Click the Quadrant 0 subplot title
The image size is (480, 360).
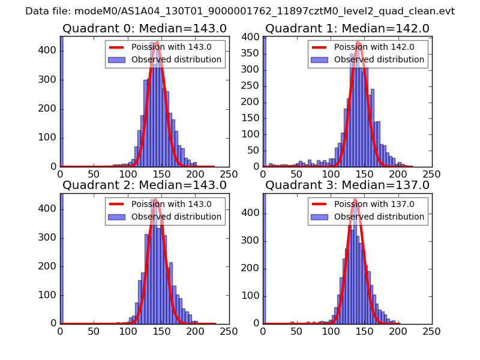(x=145, y=29)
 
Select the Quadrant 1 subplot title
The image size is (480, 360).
(x=347, y=29)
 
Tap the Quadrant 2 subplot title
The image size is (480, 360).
(x=145, y=185)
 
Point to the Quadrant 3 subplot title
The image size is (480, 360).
(x=347, y=185)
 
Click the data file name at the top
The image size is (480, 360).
(x=240, y=11)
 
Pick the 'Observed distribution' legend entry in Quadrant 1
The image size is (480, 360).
(x=379, y=60)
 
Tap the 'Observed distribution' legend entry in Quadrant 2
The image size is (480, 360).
(x=176, y=217)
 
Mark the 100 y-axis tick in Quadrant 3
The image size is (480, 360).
(x=252, y=295)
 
